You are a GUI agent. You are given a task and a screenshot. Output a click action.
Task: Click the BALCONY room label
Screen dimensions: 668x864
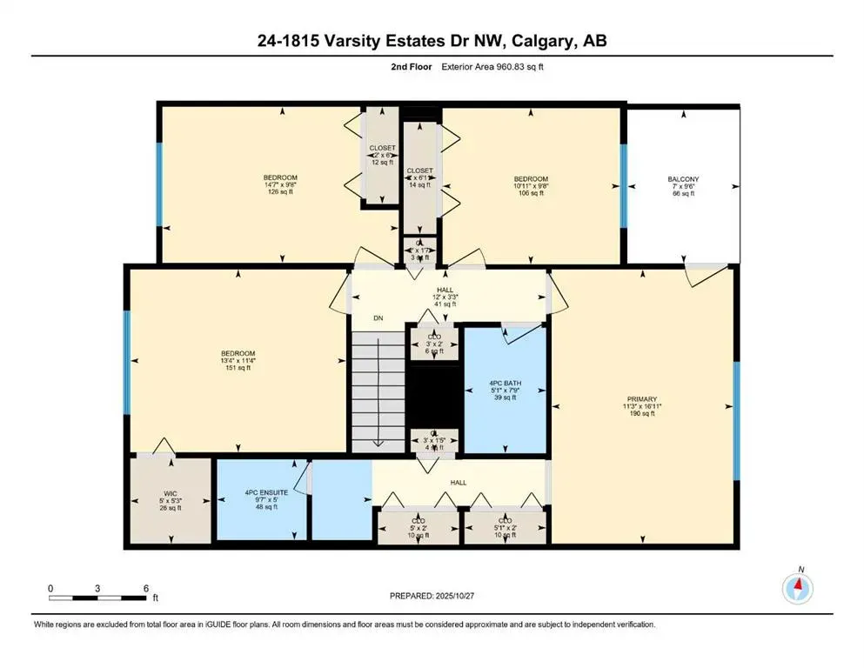pyautogui.click(x=683, y=179)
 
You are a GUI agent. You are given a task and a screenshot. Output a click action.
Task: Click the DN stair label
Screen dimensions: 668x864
pyautogui.click(x=378, y=318)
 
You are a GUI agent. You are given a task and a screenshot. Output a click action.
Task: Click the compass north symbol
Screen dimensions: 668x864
pyautogui.click(x=797, y=589)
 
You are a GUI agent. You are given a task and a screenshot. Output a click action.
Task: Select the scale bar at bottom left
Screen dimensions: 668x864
pyautogui.click(x=97, y=598)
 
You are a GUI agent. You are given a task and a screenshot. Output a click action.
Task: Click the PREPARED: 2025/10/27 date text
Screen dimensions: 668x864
pyautogui.click(x=432, y=596)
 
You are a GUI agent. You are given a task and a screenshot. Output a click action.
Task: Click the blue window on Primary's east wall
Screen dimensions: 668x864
pyautogui.click(x=736, y=421)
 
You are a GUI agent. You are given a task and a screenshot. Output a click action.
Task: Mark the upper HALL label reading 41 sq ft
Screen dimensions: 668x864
pyautogui.click(x=445, y=297)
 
